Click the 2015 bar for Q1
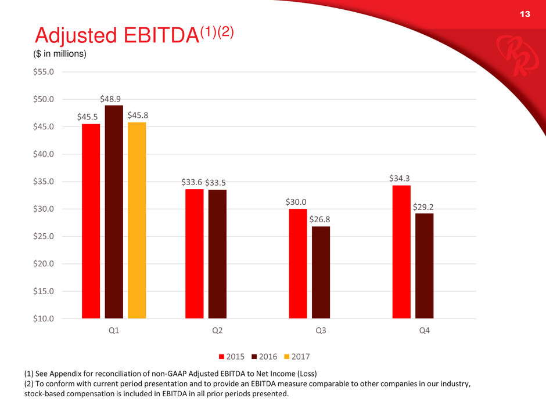coord(91,221)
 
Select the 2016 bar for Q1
coord(114,212)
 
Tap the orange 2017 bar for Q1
coord(136,220)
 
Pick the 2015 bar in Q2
coord(195,254)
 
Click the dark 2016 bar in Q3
coord(321,272)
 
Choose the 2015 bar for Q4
coord(401,252)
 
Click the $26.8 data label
coord(320,219)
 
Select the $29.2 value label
coord(425,206)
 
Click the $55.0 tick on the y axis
coord(44,72)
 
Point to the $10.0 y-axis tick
coord(44,318)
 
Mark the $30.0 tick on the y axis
coord(44,209)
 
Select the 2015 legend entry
coord(232,355)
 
